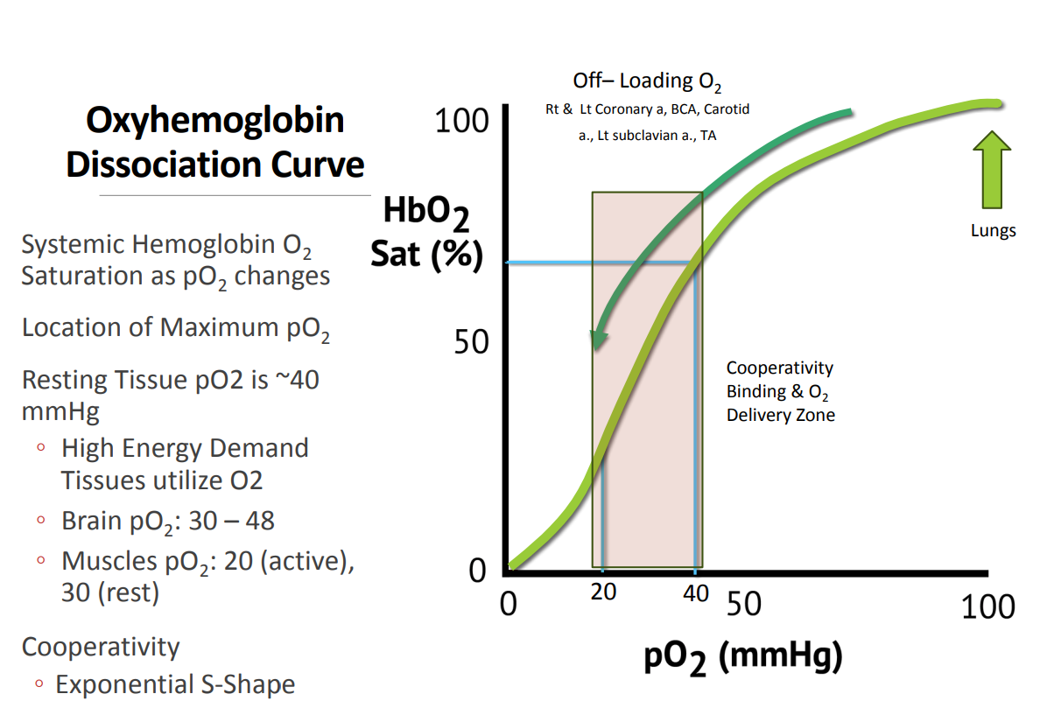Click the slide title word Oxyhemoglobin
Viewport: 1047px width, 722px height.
(x=214, y=121)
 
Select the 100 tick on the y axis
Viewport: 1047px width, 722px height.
(x=461, y=122)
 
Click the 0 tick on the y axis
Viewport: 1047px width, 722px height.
(x=477, y=571)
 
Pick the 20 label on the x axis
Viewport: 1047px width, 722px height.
(x=603, y=592)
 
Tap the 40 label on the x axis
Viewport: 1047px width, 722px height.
(x=695, y=592)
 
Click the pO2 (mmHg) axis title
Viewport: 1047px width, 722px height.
(x=742, y=657)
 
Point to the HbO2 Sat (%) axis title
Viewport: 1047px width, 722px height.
(x=426, y=233)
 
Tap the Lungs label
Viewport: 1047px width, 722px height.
(x=993, y=231)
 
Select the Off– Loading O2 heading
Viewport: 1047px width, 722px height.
(x=647, y=82)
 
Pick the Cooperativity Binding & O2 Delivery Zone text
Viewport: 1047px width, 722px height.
(x=780, y=391)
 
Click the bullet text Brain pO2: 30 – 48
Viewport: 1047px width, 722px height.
(x=167, y=522)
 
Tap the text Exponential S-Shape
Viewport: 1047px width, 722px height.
(x=175, y=684)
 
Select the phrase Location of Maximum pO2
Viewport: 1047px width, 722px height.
(x=176, y=328)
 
